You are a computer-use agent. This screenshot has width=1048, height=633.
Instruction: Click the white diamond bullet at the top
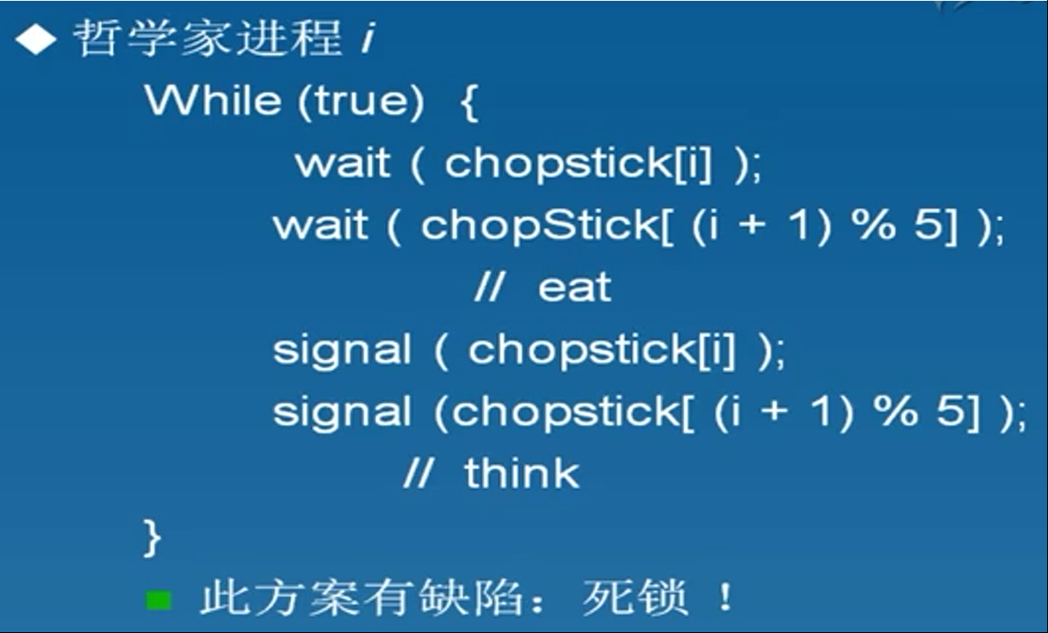(x=36, y=39)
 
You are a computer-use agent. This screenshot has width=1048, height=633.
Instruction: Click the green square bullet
(x=159, y=600)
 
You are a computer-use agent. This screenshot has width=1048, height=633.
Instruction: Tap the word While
(x=213, y=100)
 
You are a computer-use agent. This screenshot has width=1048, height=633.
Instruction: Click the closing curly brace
(x=152, y=538)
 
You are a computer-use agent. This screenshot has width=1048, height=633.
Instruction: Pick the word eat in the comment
(x=574, y=288)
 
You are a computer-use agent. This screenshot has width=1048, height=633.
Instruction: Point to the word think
(x=522, y=473)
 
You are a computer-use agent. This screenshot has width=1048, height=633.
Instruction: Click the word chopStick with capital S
(x=540, y=225)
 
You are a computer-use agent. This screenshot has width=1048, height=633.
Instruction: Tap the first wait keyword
(x=343, y=163)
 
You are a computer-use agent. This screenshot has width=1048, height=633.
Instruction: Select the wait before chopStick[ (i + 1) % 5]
(x=320, y=225)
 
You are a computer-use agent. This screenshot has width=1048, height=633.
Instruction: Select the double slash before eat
(x=489, y=287)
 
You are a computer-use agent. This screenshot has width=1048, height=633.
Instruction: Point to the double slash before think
(x=419, y=473)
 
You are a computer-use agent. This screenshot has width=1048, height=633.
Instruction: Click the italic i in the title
(x=369, y=37)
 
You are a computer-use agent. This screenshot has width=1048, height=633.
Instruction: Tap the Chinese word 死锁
(x=635, y=598)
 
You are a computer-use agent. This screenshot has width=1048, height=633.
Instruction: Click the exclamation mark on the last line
(x=726, y=597)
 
